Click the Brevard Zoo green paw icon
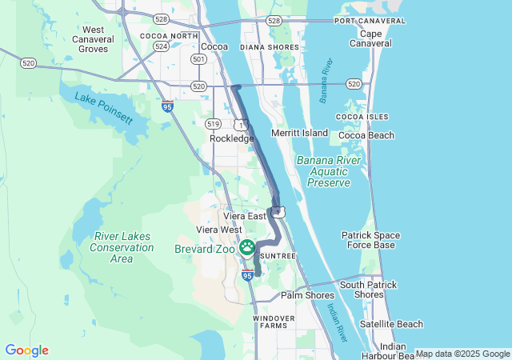click(247, 247)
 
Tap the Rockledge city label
click(231, 138)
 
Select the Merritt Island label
click(300, 132)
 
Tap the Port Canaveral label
click(366, 20)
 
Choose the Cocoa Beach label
click(366, 135)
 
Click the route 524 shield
click(162, 47)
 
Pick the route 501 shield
click(198, 59)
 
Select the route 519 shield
click(213, 123)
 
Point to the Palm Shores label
click(307, 295)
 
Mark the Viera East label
click(244, 216)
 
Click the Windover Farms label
click(274, 322)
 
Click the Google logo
click(26, 350)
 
